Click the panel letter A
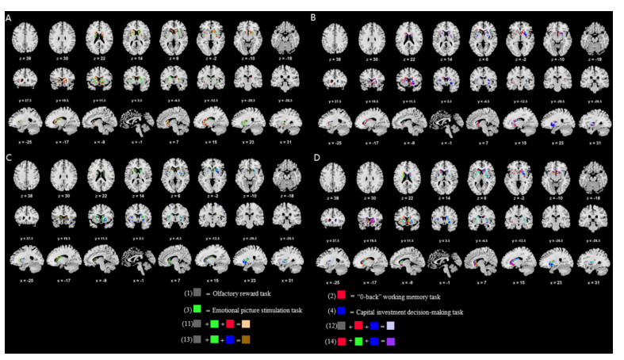[9, 16]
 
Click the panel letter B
[315, 16]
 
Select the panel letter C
[9, 159]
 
